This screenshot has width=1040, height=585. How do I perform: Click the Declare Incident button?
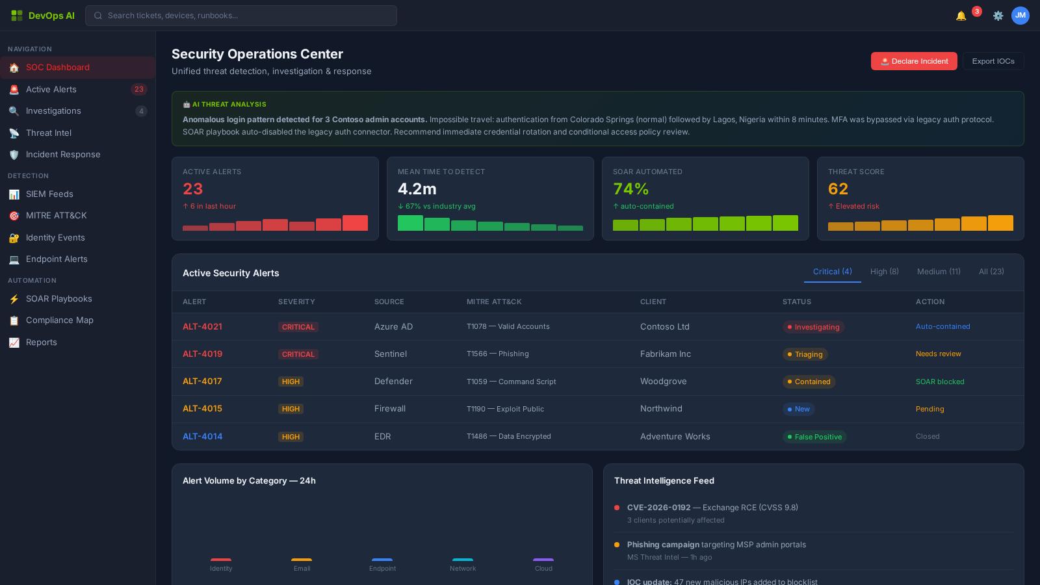pyautogui.click(x=913, y=61)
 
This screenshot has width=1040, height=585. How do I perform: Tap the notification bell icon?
pyautogui.click(x=961, y=16)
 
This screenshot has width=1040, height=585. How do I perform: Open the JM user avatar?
pyautogui.click(x=1020, y=16)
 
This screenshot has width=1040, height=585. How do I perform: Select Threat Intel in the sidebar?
pyautogui.click(x=49, y=133)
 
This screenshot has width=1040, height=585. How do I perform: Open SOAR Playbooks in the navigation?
pyautogui.click(x=58, y=299)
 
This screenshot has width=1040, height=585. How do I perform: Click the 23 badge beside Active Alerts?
pyautogui.click(x=139, y=90)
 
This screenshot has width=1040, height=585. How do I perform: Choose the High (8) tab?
pyautogui.click(x=884, y=272)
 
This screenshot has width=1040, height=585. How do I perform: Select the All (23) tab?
pyautogui.click(x=991, y=272)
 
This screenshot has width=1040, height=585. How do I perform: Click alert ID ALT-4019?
pyautogui.click(x=202, y=354)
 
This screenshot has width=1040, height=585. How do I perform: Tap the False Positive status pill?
pyautogui.click(x=814, y=437)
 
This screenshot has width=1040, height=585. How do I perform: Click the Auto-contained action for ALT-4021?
pyautogui.click(x=942, y=327)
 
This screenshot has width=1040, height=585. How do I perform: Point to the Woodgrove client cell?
pyautogui.click(x=663, y=382)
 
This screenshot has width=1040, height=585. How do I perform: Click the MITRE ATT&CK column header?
pyautogui.click(x=494, y=302)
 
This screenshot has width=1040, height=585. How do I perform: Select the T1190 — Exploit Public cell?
pyautogui.click(x=505, y=409)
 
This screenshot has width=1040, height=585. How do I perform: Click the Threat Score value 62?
pyautogui.click(x=838, y=189)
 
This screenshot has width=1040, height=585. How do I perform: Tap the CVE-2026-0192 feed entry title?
pyautogui.click(x=658, y=508)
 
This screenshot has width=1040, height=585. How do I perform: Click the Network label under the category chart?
pyautogui.click(x=463, y=569)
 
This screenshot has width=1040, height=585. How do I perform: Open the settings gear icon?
pyautogui.click(x=998, y=16)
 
